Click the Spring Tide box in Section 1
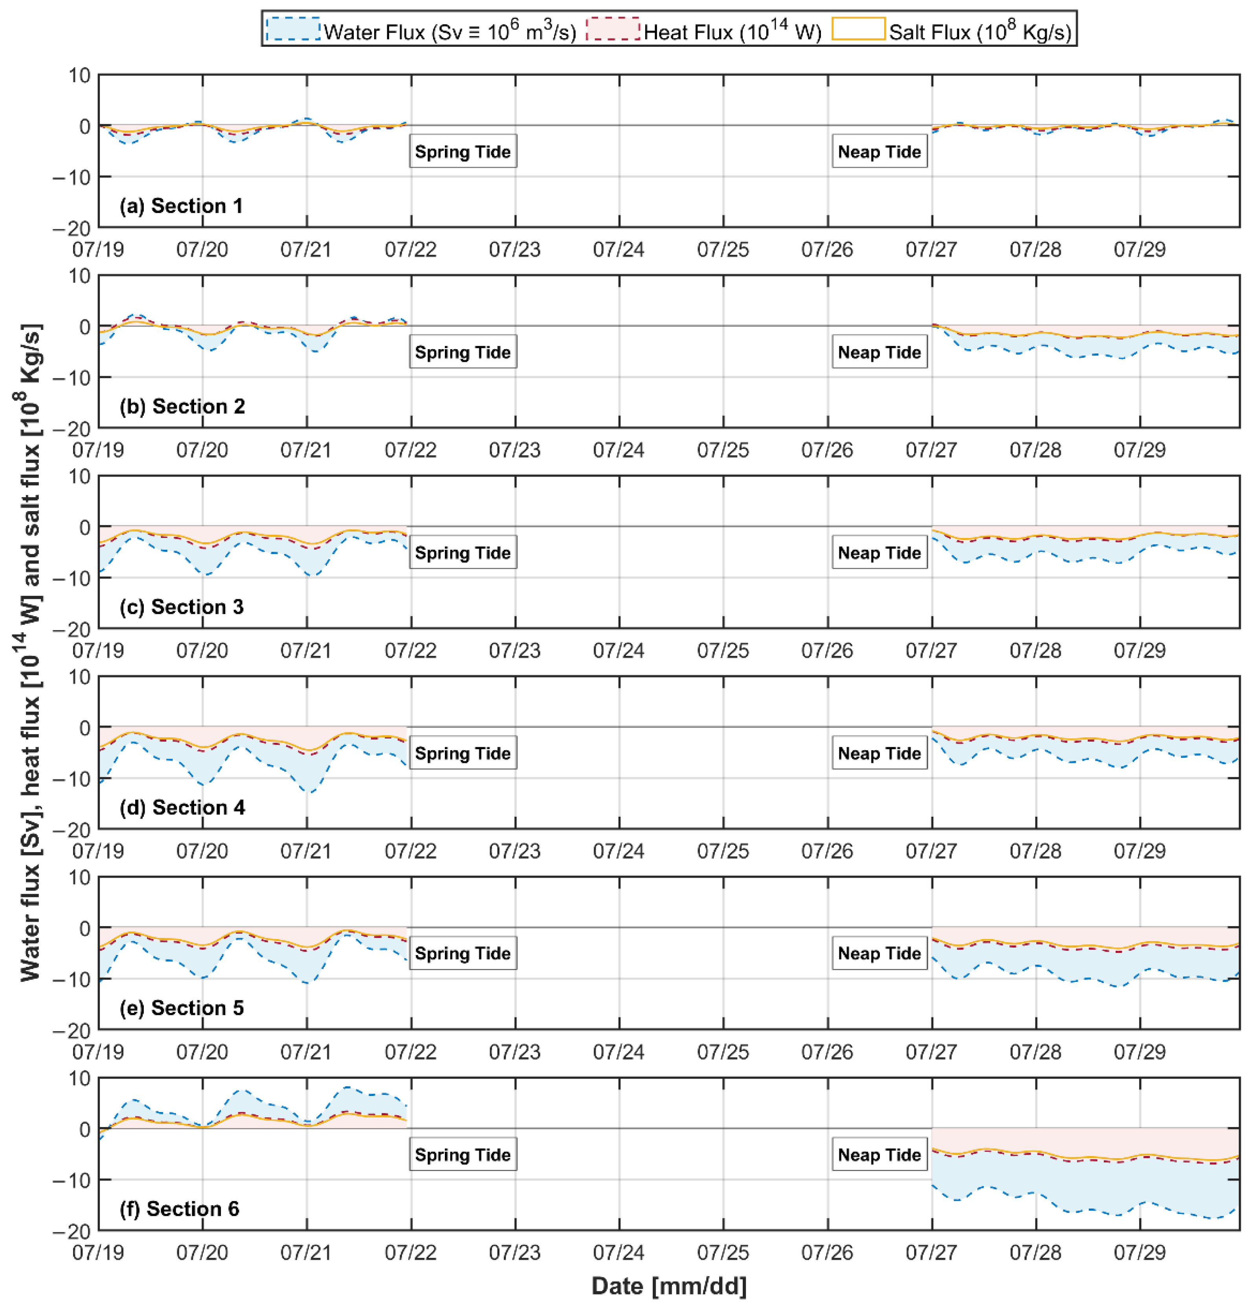[463, 152]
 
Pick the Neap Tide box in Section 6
[879, 1155]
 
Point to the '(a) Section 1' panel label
[181, 206]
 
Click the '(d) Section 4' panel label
[182, 807]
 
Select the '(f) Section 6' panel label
[179, 1209]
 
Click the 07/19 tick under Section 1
[98, 249]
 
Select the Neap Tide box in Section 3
[879, 553]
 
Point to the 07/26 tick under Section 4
[827, 851]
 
